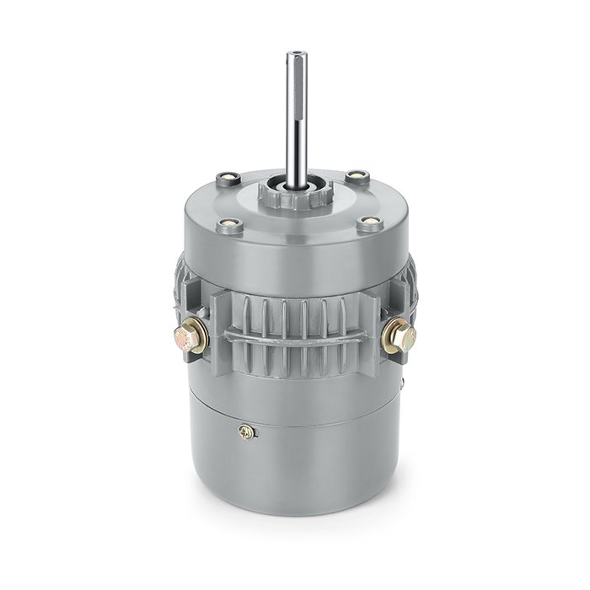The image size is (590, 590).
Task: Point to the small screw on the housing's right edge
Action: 403,387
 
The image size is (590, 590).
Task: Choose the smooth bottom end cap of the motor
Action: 295,472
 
